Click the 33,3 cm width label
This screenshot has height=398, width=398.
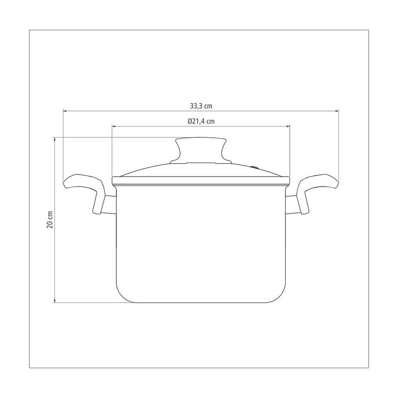pos(201,105)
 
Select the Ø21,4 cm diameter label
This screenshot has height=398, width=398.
pos(201,121)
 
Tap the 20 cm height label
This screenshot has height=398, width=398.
pos(49,219)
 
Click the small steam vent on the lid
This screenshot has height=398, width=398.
pos(255,168)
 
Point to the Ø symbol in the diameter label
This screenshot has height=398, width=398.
pos(190,121)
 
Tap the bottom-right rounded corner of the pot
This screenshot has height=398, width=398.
pos(281,296)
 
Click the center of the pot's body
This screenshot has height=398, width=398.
pos(201,244)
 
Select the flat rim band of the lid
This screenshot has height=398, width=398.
pos(201,180)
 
